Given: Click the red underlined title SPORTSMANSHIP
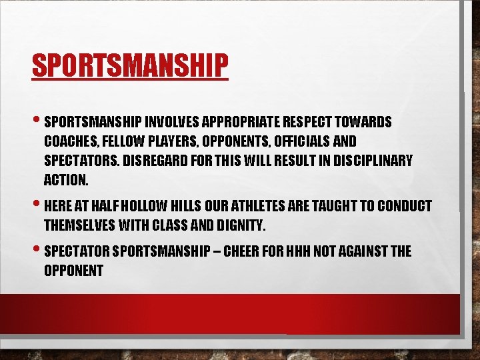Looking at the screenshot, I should click(130, 65).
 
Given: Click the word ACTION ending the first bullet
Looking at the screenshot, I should click(65, 181).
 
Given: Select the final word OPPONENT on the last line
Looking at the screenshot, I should click(73, 271).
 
